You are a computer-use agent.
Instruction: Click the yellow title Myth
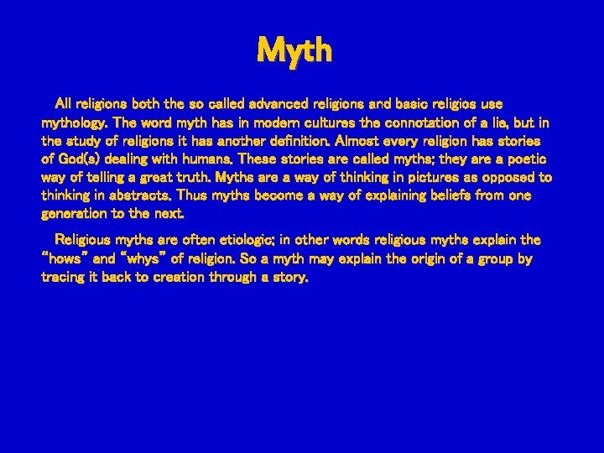point(294,50)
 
